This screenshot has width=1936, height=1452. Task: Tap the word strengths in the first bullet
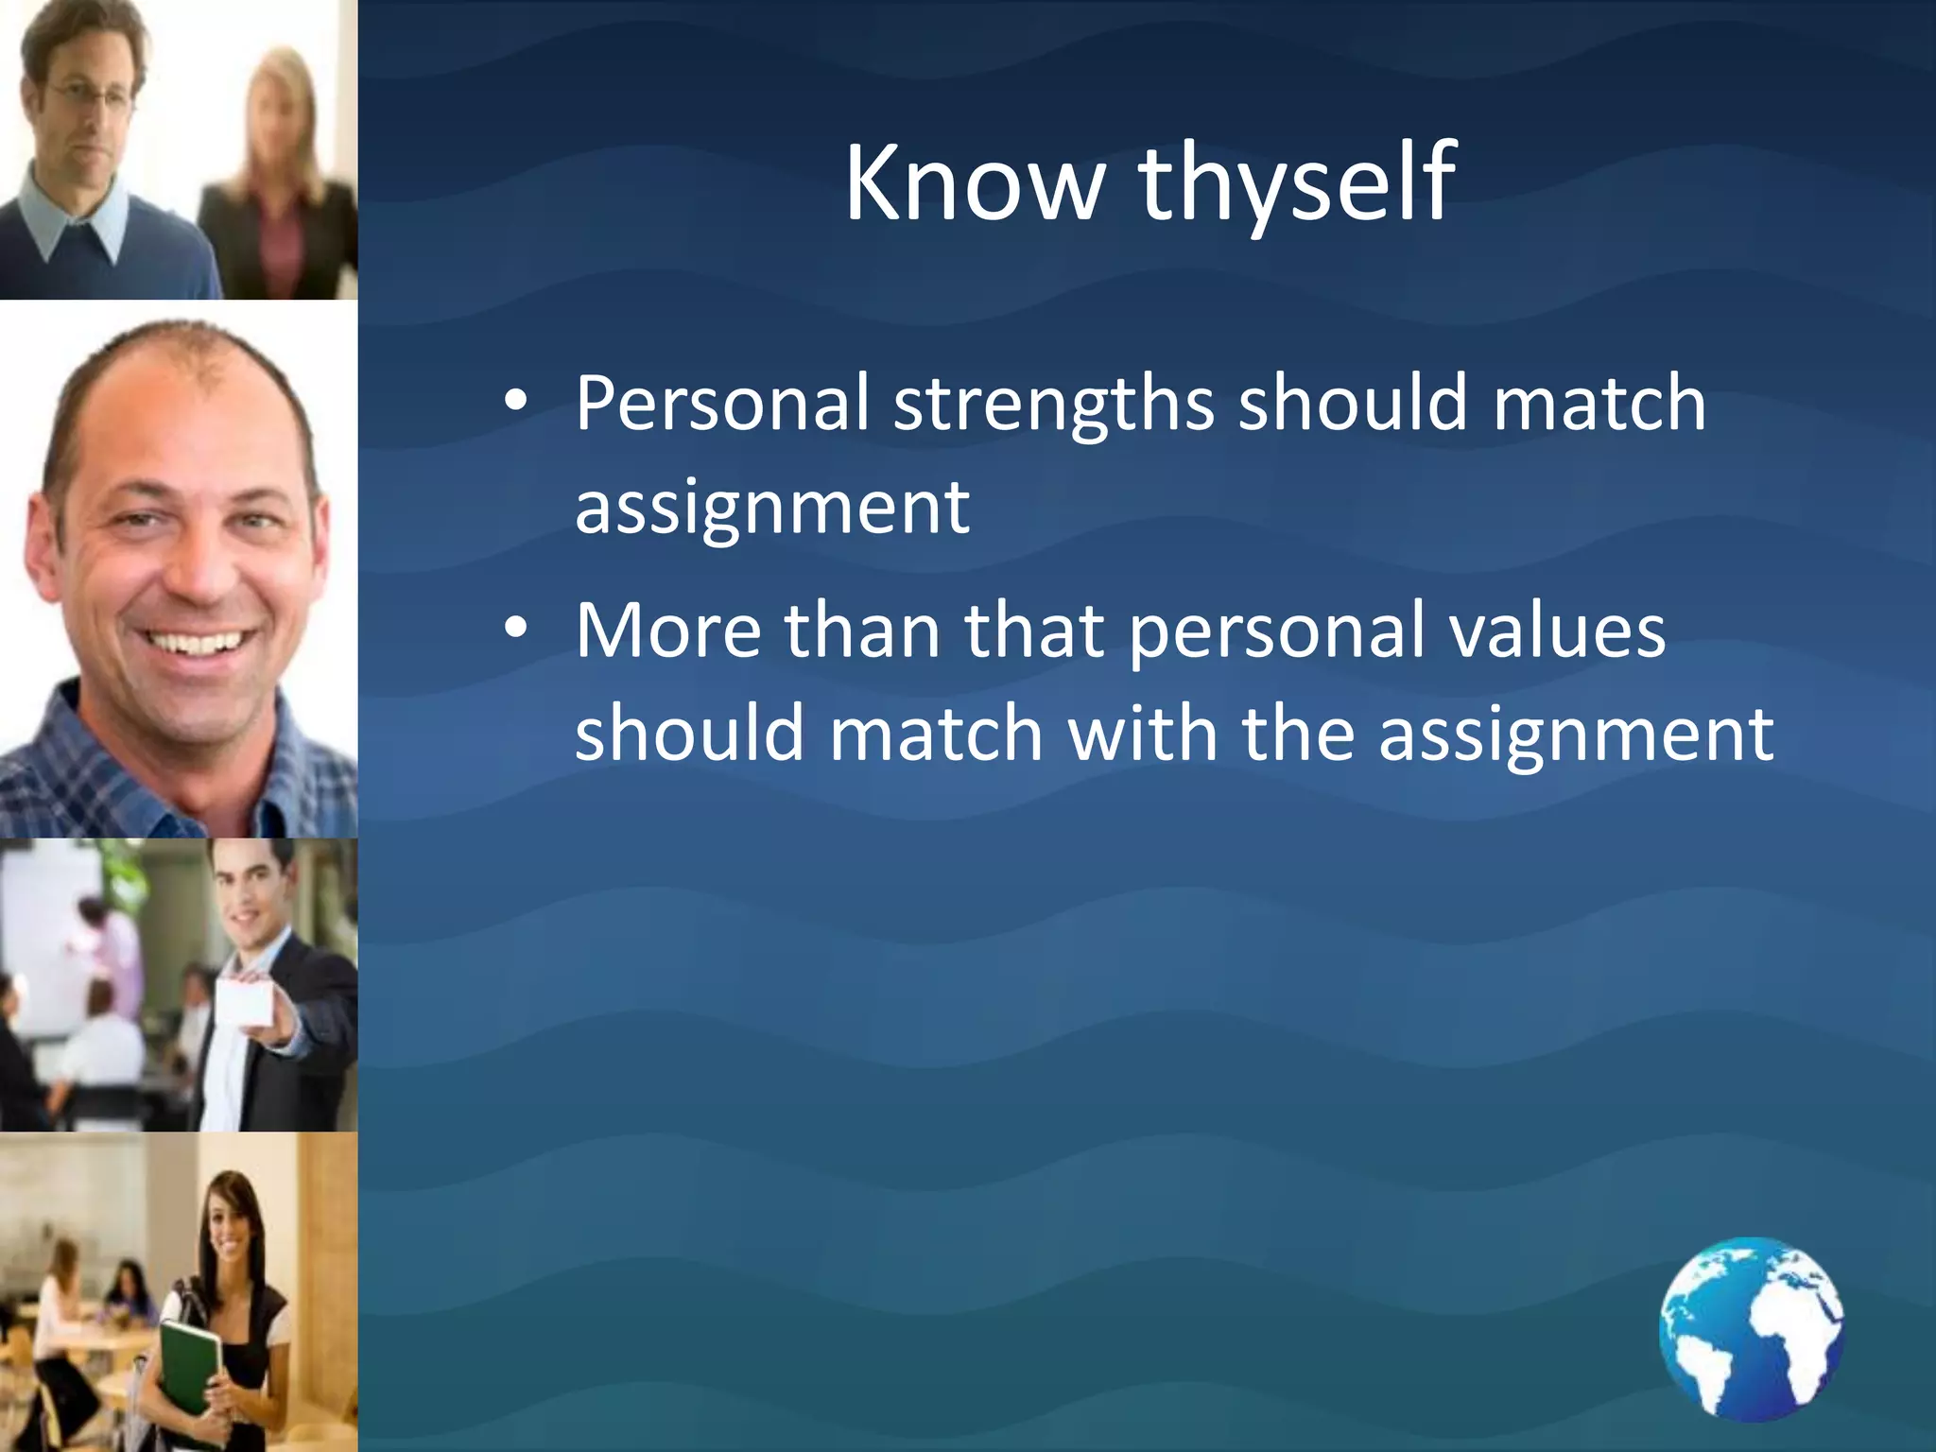click(1053, 405)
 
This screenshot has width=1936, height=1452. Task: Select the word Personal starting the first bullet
click(721, 405)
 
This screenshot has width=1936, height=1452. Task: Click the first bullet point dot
click(515, 401)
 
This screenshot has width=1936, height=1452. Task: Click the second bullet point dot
click(515, 628)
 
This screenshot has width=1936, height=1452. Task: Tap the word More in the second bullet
click(667, 631)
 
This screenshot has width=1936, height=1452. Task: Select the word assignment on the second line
click(771, 507)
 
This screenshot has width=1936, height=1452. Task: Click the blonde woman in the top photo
click(279, 142)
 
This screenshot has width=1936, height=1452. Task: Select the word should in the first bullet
click(1353, 405)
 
